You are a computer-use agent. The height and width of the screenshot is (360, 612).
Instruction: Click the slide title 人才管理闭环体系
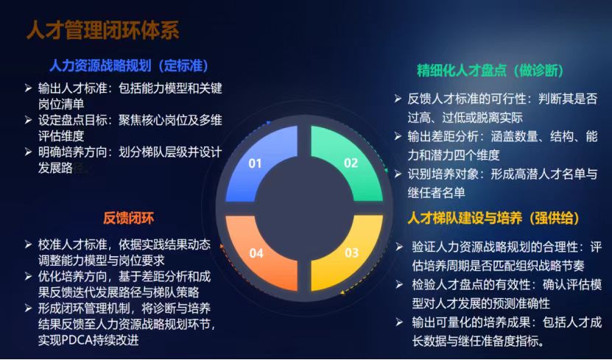tap(103, 30)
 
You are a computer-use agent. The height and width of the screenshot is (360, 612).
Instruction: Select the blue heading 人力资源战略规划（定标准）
tap(129, 66)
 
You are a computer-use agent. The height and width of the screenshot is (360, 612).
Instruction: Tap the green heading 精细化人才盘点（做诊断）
tap(490, 70)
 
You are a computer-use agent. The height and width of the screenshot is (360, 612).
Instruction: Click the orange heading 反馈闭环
tap(129, 218)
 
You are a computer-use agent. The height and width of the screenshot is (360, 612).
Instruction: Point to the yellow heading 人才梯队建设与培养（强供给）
tap(493, 218)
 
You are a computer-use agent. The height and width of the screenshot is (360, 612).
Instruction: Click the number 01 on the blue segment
tap(255, 163)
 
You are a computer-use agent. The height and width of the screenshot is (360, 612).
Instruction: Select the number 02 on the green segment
tap(351, 163)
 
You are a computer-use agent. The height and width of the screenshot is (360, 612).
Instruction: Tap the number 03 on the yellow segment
tap(351, 253)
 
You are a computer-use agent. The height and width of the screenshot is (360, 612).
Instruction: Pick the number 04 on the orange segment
tap(256, 253)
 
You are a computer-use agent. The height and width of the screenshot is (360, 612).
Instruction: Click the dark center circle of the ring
tap(304, 208)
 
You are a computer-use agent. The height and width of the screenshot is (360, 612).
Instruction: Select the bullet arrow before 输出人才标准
tap(29, 88)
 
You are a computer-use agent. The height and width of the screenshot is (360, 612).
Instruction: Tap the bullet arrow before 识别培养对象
tap(398, 174)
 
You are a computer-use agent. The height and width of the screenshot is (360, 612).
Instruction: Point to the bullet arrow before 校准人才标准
tap(29, 244)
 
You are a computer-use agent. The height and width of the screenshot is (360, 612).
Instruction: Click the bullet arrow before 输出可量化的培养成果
tap(399, 322)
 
